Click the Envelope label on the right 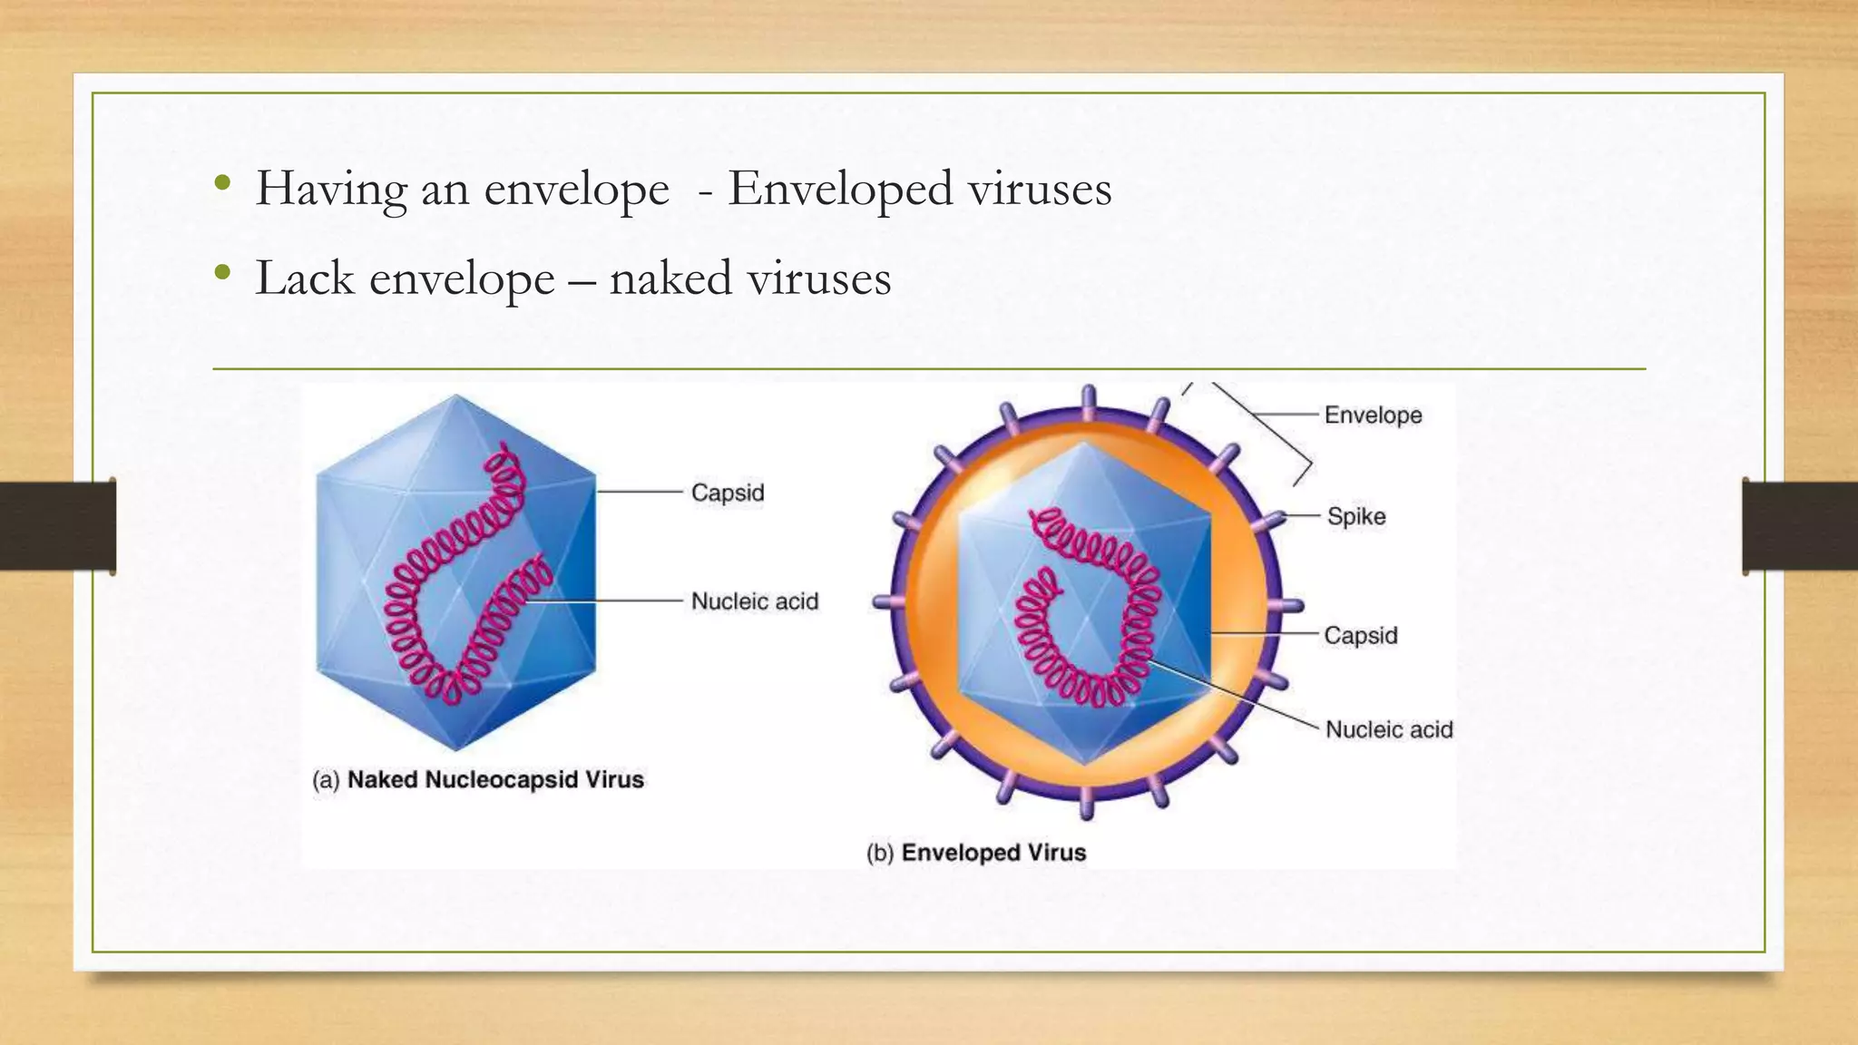1373,415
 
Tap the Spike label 1356,516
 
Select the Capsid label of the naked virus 728,493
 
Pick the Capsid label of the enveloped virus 1360,635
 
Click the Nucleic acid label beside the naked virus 754,601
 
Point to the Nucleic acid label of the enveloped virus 1388,729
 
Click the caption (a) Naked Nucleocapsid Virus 478,780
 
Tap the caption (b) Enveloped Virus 976,853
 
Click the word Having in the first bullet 331,189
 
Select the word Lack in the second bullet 304,278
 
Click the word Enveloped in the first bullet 840,189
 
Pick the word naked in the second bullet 670,278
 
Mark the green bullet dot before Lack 222,273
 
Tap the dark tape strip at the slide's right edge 1800,526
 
